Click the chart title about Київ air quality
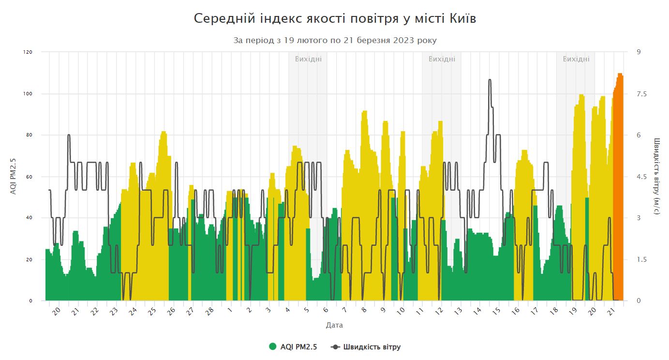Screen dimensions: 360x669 (x=335, y=18)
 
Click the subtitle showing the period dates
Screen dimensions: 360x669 (x=335, y=41)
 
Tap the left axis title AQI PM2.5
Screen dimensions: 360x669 (x=14, y=176)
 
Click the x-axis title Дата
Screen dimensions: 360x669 (x=334, y=325)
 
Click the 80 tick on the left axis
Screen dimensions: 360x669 (x=29, y=135)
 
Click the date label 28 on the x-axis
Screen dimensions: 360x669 (x=209, y=311)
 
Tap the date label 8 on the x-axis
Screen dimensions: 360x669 (x=364, y=310)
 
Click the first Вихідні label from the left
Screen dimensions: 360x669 (x=308, y=59)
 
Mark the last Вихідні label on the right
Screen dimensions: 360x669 (x=576, y=59)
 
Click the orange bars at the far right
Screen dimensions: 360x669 (x=618, y=194)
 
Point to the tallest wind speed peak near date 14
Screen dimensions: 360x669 (x=490, y=80)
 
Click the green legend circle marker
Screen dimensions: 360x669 (x=273, y=346)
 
